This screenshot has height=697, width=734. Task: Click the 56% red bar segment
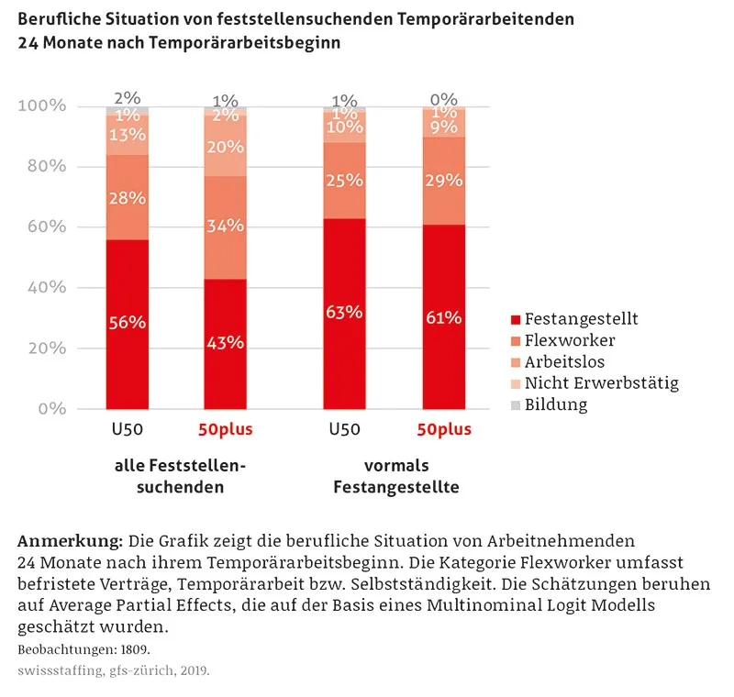point(128,323)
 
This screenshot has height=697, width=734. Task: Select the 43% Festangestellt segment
point(225,343)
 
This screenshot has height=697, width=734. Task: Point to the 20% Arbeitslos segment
point(225,147)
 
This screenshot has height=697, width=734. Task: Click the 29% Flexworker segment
point(444,181)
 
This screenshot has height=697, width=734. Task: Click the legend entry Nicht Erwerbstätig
point(601,382)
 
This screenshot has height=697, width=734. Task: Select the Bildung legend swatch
point(515,404)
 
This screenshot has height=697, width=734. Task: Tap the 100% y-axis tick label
point(42,106)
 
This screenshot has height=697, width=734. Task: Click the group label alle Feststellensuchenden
point(180,476)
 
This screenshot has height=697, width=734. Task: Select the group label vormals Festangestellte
point(395,476)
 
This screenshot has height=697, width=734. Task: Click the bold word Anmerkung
point(70,537)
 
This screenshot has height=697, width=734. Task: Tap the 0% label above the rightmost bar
point(444,100)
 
